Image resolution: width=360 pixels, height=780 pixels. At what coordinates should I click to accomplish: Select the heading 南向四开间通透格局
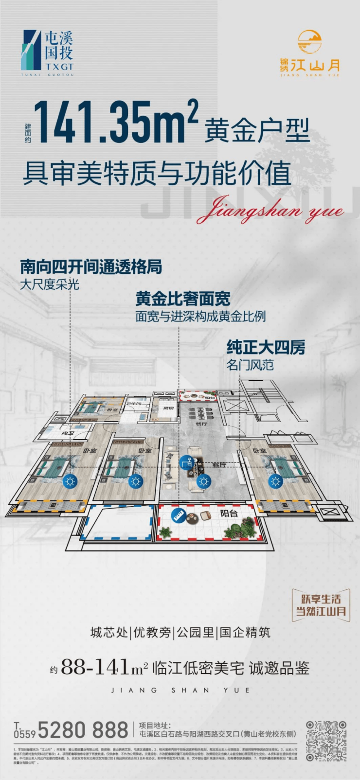pyautogui.click(x=91, y=267)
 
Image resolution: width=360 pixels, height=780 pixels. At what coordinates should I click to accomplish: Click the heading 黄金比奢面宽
pyautogui.click(x=183, y=299)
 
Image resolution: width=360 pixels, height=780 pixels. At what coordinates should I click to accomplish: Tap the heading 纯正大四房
pyautogui.click(x=266, y=348)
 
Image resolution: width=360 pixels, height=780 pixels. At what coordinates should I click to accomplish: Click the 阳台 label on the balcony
pyautogui.click(x=229, y=514)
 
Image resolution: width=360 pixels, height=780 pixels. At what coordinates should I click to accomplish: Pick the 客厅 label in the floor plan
pyautogui.click(x=219, y=465)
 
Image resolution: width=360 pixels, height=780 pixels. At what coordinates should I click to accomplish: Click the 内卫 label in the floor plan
pyautogui.click(x=67, y=433)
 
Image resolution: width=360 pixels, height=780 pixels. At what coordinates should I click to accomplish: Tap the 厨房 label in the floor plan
pyautogui.click(x=168, y=408)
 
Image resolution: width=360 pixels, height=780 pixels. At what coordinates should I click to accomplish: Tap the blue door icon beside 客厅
pyautogui.click(x=186, y=462)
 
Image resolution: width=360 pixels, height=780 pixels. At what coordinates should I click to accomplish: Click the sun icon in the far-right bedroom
pyautogui.click(x=276, y=482)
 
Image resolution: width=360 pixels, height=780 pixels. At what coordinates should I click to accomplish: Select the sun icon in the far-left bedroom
pyautogui.click(x=71, y=482)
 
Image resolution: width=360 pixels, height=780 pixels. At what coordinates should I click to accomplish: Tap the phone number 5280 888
pyautogui.click(x=83, y=730)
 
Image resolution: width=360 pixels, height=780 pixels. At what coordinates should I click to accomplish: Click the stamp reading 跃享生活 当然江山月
pyautogui.click(x=321, y=605)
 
